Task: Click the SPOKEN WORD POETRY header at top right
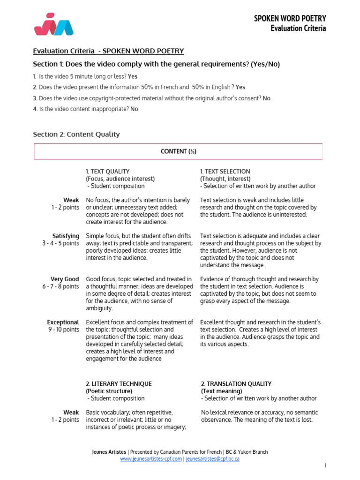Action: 290,18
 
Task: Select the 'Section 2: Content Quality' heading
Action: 76,135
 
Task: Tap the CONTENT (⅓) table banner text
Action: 178,151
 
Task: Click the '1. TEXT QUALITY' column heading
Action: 107,172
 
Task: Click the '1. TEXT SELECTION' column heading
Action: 225,172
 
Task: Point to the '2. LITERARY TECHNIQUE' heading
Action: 119,384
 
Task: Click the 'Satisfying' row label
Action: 66,236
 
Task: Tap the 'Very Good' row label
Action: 65,279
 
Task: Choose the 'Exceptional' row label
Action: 63,322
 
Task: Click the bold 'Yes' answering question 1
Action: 133,76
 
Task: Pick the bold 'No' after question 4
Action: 134,109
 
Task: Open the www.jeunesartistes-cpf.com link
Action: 151,459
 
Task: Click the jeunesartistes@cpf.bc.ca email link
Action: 213,459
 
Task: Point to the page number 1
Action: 325,465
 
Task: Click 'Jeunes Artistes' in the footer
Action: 109,452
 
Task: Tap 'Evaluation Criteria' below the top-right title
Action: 298,28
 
